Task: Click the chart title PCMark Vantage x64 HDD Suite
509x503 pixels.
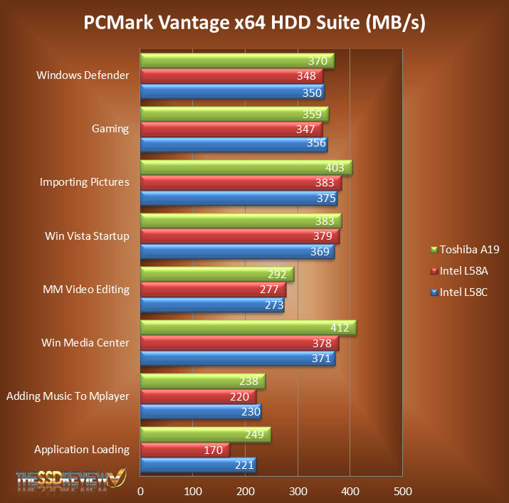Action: coord(254,23)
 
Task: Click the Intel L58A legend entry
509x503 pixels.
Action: coord(463,270)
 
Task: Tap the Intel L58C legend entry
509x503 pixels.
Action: coord(463,292)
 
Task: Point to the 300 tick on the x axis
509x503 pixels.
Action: coord(298,491)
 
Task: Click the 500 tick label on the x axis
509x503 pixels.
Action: coord(402,491)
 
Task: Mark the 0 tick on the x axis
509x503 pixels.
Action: coord(141,491)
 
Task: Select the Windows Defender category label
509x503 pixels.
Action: coord(83,75)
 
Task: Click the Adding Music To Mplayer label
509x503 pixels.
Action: coord(68,396)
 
